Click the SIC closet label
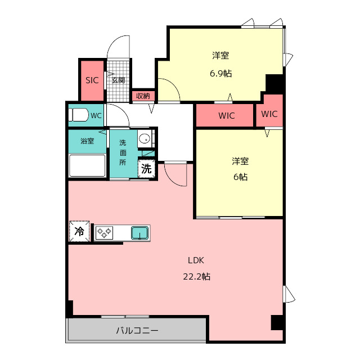point(92,80)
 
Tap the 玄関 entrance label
point(118,80)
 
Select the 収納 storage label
point(143,96)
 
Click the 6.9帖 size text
point(220,73)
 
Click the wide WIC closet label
point(227,116)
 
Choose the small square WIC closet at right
point(269,114)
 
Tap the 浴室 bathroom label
point(87,141)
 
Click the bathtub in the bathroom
point(87,165)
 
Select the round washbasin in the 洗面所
point(144,138)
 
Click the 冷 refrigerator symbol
point(79,231)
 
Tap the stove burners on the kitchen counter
point(104,232)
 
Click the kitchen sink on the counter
point(139,232)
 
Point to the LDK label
point(196,260)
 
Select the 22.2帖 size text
point(197,277)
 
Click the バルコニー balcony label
point(137,330)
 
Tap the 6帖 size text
point(240,177)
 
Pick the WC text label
point(96,116)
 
